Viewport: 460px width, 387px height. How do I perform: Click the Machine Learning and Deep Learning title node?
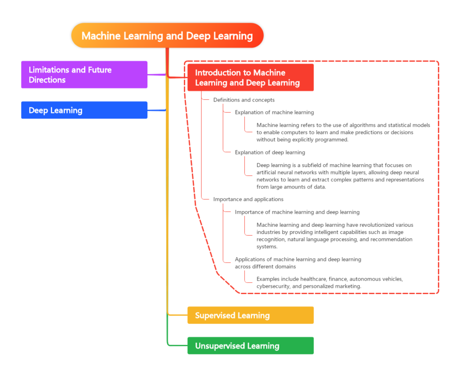tap(167, 35)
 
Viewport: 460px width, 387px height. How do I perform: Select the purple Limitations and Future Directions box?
tap(84, 75)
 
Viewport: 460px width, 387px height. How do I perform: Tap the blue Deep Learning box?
tap(84, 110)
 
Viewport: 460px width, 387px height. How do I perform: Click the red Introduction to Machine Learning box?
tap(250, 78)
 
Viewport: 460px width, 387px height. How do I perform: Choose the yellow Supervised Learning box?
tap(250, 315)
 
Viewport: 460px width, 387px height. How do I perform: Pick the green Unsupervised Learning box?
tap(250, 346)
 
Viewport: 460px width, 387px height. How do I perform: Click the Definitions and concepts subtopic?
tap(243, 100)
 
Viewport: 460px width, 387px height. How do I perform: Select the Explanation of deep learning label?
tap(270, 152)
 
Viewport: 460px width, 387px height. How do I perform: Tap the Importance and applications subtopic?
tap(248, 199)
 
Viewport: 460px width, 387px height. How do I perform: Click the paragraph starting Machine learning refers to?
tap(343, 132)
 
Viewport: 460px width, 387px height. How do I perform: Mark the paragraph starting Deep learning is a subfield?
tap(340, 176)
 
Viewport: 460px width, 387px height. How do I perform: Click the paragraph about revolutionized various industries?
tap(335, 235)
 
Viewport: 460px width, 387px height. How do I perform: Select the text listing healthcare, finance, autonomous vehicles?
tap(329, 282)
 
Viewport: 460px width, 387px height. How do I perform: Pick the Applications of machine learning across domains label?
tap(297, 263)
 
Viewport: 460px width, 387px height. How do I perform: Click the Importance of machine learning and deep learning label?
tap(297, 212)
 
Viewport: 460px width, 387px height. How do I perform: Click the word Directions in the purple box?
tap(47, 80)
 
